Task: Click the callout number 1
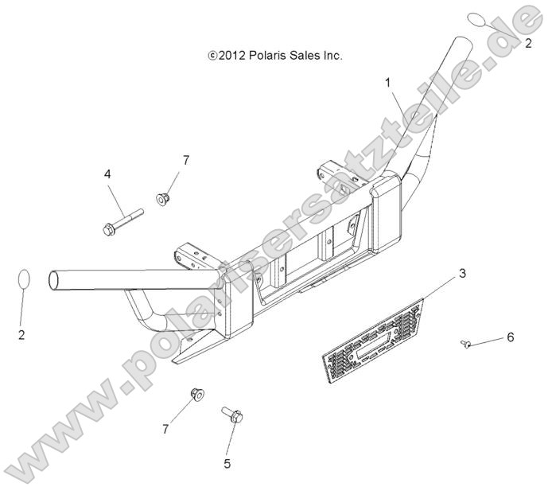387,83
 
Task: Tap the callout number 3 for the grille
462,273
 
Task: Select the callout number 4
107,173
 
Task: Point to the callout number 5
227,464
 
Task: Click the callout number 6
511,337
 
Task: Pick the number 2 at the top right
528,43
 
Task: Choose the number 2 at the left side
21,335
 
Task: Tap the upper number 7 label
186,160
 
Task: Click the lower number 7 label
165,429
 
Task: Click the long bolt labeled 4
123,222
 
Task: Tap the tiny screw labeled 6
464,344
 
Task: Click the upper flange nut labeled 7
162,199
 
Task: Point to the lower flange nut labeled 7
197,395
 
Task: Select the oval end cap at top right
477,20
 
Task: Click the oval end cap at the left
24,279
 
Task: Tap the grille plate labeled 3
373,341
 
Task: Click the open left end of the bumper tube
53,281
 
